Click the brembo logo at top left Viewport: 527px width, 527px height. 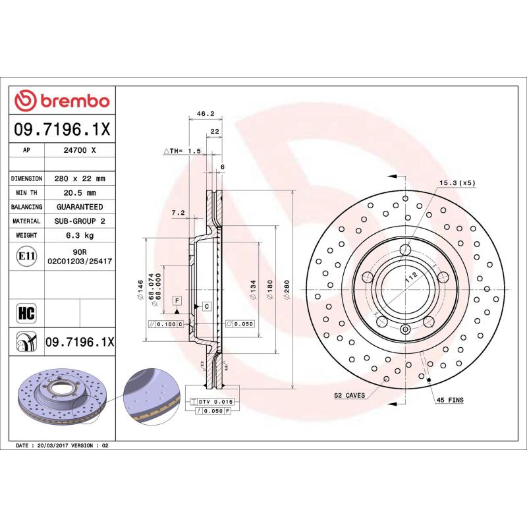point(62,101)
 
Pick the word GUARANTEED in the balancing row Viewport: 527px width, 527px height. point(79,207)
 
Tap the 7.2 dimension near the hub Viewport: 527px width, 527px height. point(177,213)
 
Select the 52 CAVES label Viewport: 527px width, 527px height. point(348,395)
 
